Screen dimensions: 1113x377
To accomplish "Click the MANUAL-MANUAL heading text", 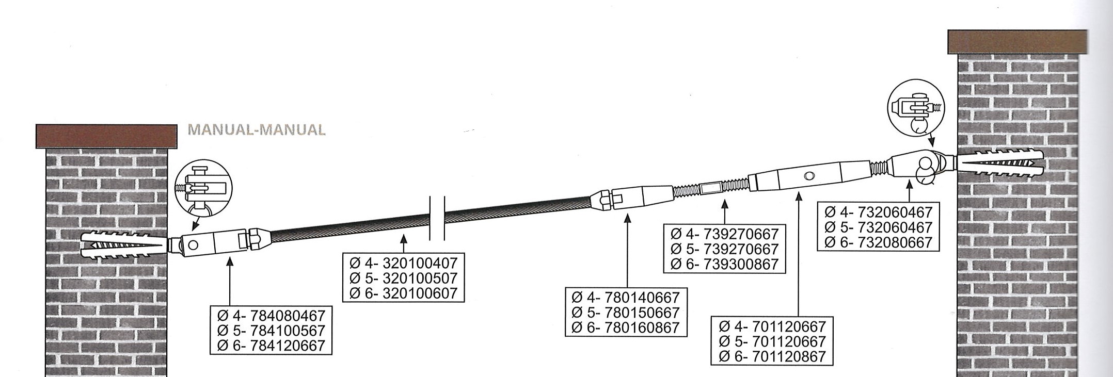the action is pos(257,129).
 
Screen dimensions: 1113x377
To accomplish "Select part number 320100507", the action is pos(420,278).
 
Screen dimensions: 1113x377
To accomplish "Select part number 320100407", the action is pos(420,263).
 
